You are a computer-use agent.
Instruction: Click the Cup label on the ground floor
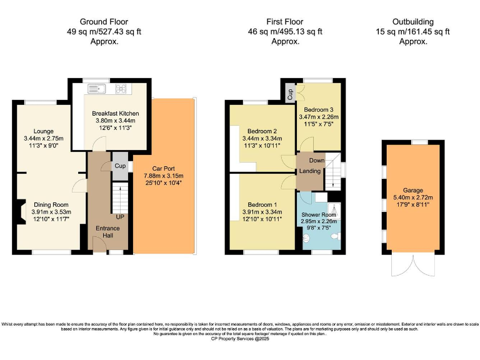[x=119, y=166]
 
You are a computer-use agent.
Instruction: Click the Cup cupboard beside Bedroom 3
[x=291, y=94]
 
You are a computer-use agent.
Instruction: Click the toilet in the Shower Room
[x=335, y=237]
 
